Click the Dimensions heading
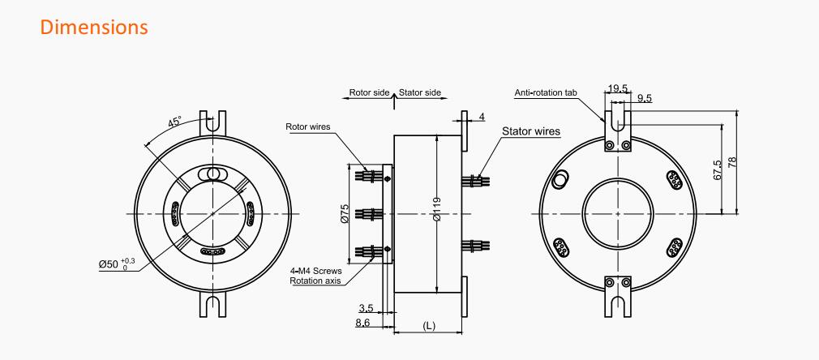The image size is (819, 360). coord(94,28)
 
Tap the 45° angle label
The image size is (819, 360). coord(175,122)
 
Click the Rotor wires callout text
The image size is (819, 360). coord(307,127)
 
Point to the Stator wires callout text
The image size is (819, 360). coord(530,131)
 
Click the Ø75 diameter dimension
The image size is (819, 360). coord(344,213)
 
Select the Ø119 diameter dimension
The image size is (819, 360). coord(437,209)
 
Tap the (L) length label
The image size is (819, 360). coord(428,325)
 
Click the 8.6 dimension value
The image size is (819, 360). coord(363,324)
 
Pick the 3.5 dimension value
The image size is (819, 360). coord(367,308)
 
